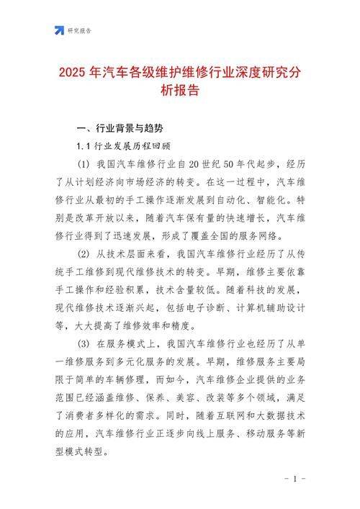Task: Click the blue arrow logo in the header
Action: pos(59,30)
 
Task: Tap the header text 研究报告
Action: pos(80,31)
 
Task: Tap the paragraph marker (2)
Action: pos(84,255)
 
